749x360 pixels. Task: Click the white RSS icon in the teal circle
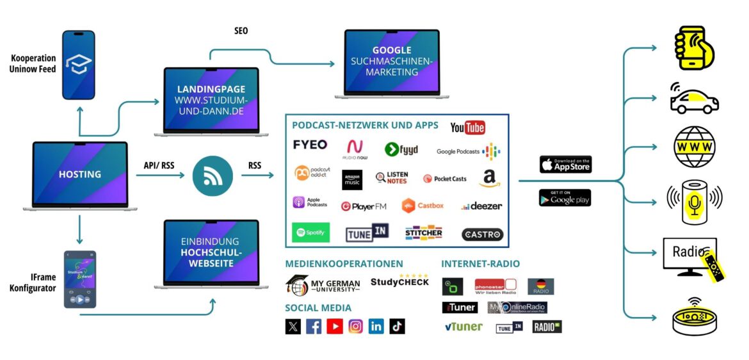212,175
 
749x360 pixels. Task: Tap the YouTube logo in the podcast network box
467,127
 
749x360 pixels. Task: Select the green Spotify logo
310,232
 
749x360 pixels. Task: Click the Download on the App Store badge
565,164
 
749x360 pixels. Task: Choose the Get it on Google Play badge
565,198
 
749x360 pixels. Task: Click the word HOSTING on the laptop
80,174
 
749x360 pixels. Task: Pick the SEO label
241,31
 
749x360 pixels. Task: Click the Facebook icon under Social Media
314,326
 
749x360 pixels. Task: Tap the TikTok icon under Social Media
397,326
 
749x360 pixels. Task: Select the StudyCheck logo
399,280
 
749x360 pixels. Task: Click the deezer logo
481,206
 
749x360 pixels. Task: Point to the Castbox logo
423,206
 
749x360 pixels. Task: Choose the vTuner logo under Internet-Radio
463,327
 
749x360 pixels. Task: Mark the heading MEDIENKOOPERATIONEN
344,263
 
